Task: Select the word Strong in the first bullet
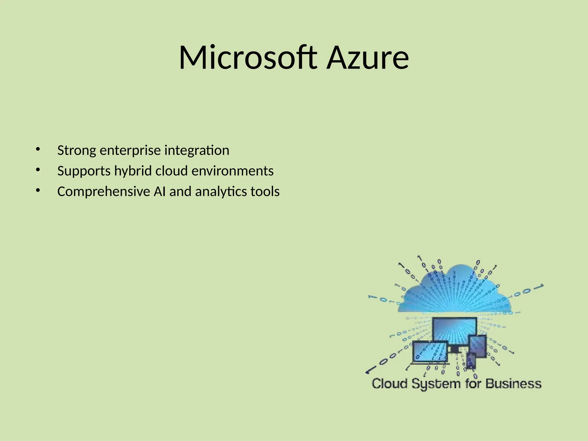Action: click(x=77, y=151)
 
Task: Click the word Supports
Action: click(x=84, y=171)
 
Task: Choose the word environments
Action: click(x=233, y=171)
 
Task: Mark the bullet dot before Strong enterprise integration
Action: click(x=38, y=149)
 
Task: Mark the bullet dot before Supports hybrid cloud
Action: click(x=38, y=170)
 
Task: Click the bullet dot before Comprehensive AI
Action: click(x=38, y=190)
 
